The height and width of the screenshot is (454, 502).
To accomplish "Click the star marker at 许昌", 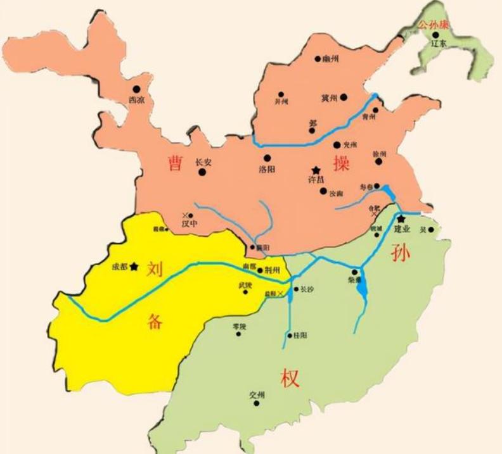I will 316,170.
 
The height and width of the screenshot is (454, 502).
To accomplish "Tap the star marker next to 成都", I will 134,267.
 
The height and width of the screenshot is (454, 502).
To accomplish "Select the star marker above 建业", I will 401,219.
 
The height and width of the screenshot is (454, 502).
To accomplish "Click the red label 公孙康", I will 432,25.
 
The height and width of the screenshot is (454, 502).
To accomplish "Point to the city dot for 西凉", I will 136,90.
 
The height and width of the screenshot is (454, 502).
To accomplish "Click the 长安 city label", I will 203,162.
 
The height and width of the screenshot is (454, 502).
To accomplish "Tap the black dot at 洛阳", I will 267,158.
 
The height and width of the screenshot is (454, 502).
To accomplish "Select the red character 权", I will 289,378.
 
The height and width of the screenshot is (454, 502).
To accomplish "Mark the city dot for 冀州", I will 344,97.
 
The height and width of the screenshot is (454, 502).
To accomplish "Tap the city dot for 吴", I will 432,229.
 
